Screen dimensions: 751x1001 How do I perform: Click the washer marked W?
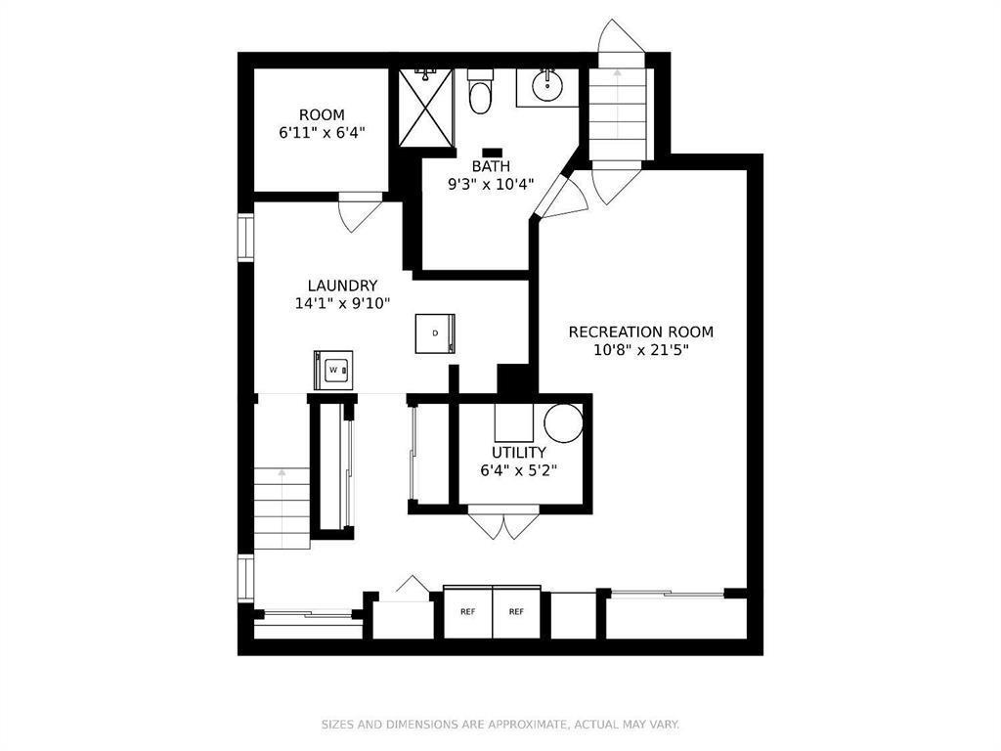point(333,370)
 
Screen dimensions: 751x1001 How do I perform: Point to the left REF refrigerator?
point(467,611)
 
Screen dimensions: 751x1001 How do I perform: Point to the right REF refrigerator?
point(516,611)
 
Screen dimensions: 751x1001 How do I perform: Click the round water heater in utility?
point(563,422)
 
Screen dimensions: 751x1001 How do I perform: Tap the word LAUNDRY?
point(342,286)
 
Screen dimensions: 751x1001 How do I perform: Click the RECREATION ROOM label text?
point(640,332)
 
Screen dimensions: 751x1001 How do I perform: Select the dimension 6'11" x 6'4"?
point(322,132)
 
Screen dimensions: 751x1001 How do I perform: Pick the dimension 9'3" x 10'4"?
point(491,184)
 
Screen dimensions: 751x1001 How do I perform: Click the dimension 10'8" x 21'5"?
point(640,350)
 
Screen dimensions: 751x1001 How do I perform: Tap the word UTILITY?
point(518,452)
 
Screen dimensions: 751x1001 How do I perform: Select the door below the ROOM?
point(359,212)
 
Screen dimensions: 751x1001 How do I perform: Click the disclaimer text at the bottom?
point(500,725)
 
